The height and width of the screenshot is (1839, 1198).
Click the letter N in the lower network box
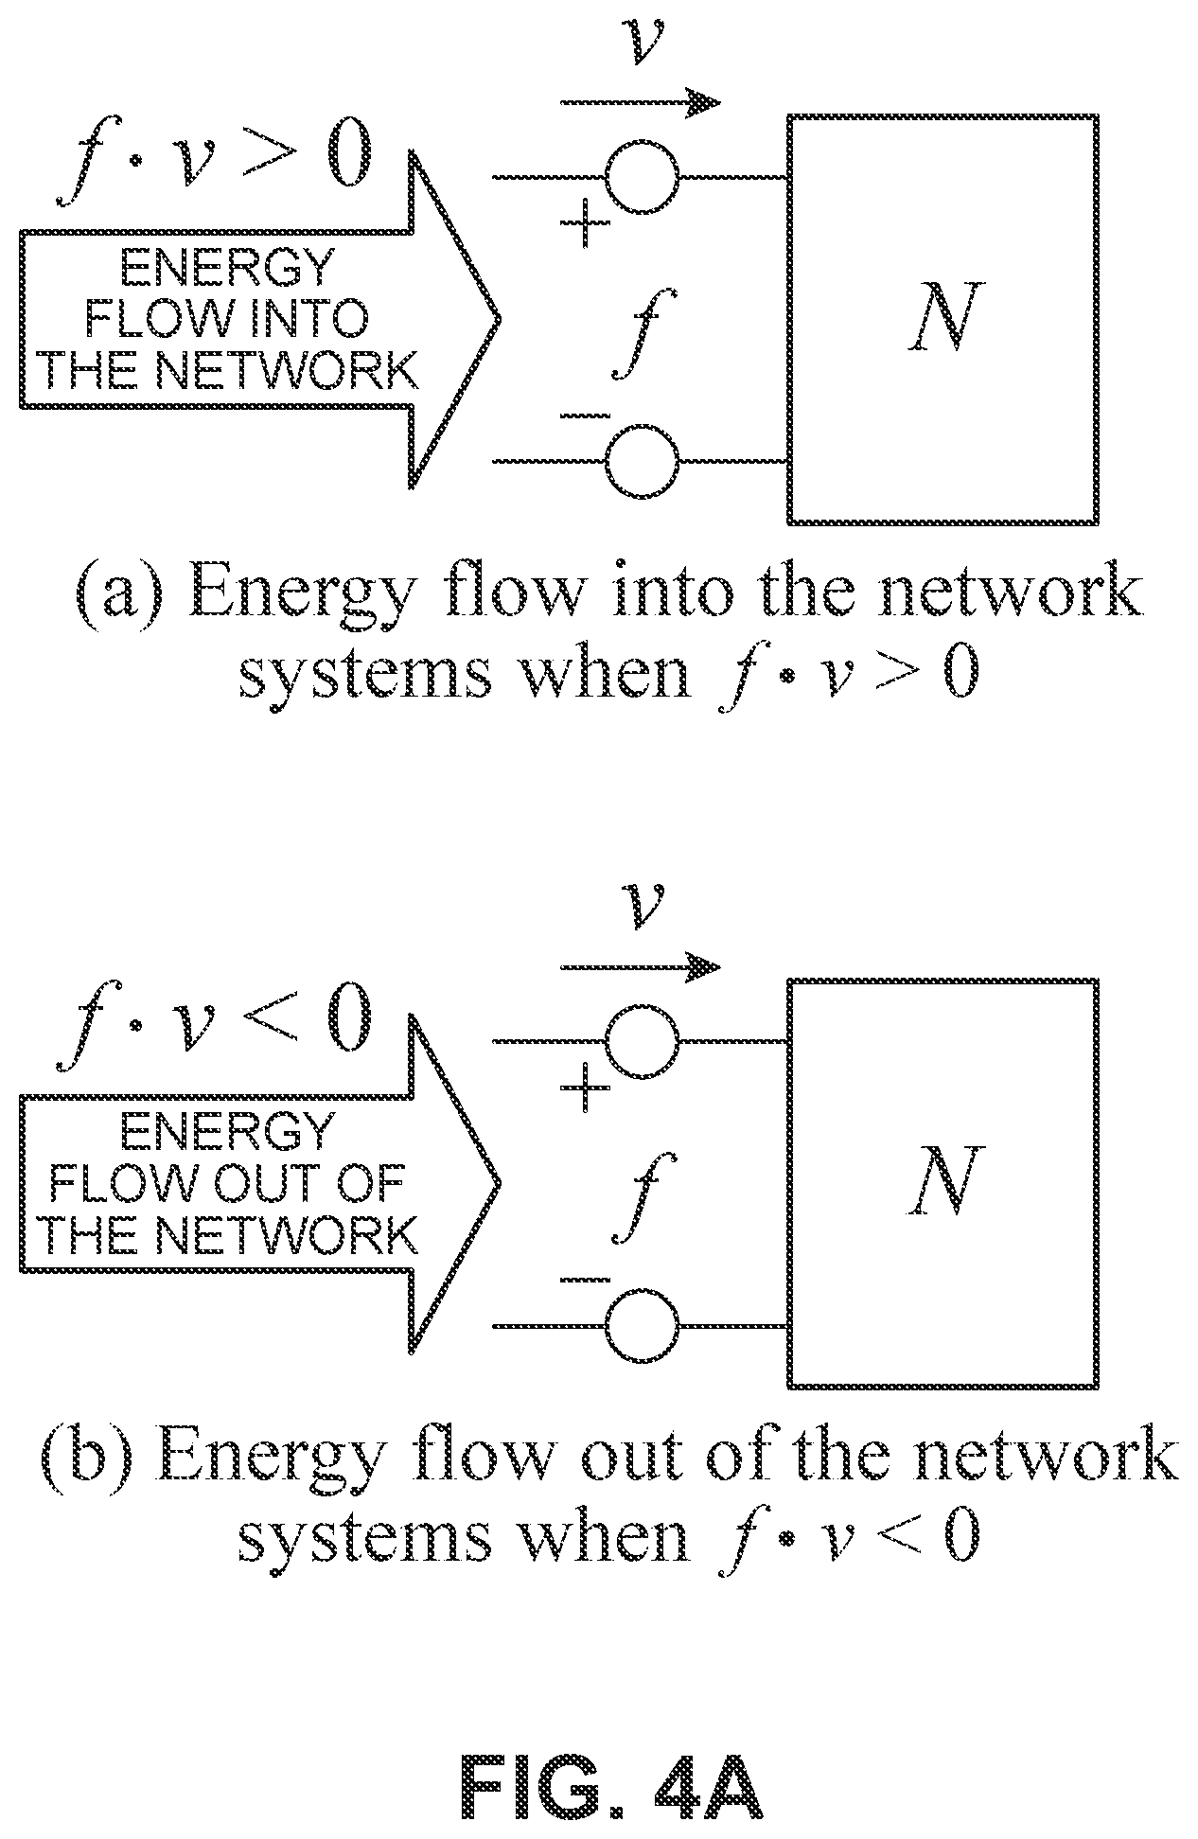[941, 1181]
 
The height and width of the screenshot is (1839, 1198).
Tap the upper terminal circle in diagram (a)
[643, 177]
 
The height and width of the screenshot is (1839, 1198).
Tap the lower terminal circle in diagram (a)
[643, 462]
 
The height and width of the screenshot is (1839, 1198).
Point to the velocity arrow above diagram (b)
[640, 965]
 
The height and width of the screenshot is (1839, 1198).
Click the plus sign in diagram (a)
[586, 223]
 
